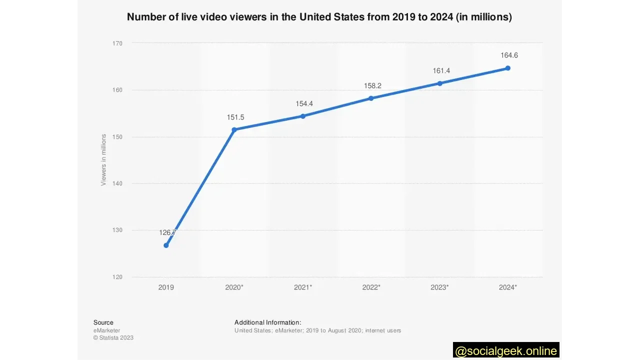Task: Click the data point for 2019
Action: [166, 245]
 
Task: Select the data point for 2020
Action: [234, 129]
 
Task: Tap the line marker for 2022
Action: [371, 98]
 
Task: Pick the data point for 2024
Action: [507, 68]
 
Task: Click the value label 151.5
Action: [235, 117]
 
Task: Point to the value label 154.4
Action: [304, 104]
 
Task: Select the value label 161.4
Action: [441, 71]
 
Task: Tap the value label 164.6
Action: [509, 55]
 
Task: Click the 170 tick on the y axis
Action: [117, 43]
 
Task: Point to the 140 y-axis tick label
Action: [117, 183]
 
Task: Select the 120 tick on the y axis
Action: [117, 277]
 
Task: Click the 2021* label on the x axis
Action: [303, 287]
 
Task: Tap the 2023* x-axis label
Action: [439, 287]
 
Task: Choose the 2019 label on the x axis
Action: [166, 287]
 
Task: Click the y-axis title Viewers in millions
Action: [103, 160]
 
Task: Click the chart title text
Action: [319, 17]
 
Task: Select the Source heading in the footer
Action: [103, 322]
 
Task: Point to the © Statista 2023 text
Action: [113, 338]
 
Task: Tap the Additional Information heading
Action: [267, 322]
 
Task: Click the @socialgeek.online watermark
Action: [506, 350]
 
